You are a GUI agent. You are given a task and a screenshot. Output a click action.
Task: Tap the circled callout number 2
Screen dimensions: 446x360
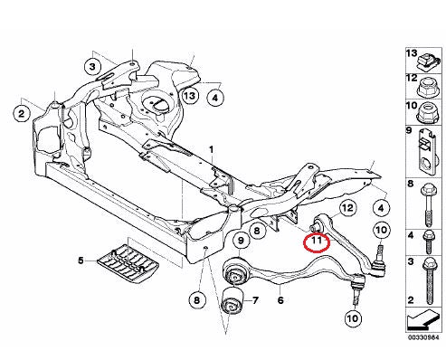tap(22, 114)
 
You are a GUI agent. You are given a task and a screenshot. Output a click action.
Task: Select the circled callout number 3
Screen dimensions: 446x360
tap(92, 67)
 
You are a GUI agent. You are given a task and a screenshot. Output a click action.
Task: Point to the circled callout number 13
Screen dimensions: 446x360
tap(190, 96)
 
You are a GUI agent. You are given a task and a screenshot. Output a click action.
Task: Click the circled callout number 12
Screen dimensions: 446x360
tap(347, 208)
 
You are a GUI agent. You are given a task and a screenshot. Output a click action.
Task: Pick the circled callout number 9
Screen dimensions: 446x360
tap(241, 241)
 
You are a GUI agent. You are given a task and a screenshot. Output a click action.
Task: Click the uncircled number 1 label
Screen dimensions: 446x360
tap(212, 150)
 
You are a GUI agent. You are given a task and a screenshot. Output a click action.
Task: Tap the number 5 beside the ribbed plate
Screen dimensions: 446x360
tap(81, 261)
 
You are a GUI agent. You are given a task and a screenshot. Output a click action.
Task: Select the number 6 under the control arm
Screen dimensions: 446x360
tap(280, 300)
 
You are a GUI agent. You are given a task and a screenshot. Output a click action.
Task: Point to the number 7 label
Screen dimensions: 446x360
tap(255, 300)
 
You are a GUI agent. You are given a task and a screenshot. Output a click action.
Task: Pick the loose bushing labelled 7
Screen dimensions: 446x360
tap(232, 301)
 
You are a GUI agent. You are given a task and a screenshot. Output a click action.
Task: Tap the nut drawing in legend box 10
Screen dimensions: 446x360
tap(428, 114)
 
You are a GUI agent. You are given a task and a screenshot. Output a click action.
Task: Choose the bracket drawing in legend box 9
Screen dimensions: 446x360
tap(427, 152)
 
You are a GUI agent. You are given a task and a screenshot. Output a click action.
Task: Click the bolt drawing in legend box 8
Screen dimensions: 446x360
tap(428, 205)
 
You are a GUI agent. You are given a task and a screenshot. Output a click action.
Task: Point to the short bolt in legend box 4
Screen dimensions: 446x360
tap(429, 242)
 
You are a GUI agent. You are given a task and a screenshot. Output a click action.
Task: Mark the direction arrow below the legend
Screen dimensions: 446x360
tap(423, 320)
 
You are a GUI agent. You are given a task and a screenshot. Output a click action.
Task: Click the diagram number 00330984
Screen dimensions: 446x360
tap(423, 337)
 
